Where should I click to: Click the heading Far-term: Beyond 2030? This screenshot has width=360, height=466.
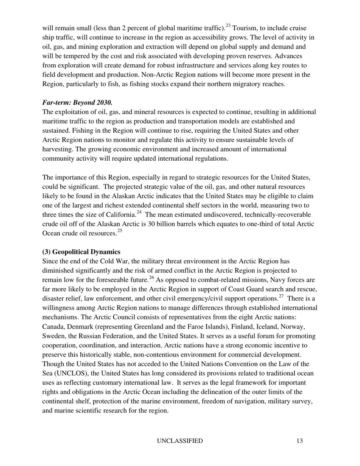(77, 103)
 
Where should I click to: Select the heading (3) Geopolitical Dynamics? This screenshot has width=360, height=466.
(81, 252)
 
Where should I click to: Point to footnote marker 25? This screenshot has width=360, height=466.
(120, 231)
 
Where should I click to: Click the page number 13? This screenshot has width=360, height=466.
(300, 441)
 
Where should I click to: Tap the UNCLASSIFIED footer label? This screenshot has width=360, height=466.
(180, 441)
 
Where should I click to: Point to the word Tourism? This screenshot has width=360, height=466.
(247, 28)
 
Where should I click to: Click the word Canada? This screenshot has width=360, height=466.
(53, 327)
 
